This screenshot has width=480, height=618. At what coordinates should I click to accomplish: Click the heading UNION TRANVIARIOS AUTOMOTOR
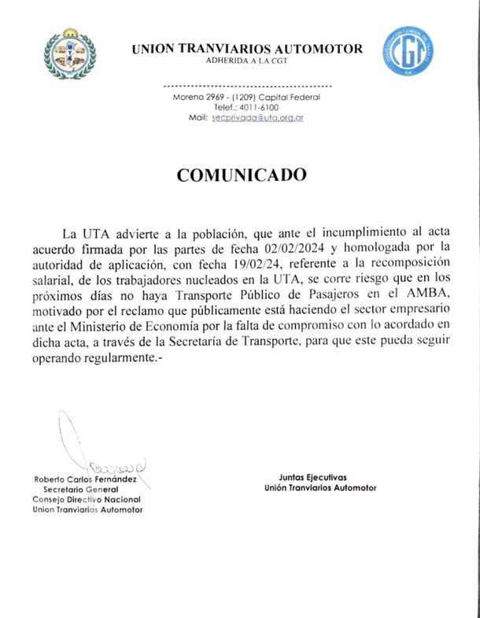point(247,49)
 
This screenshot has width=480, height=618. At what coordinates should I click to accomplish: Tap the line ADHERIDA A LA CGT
point(247,61)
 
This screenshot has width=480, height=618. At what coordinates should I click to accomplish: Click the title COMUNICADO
point(241,175)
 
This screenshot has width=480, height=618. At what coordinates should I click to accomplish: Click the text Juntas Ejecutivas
point(312,477)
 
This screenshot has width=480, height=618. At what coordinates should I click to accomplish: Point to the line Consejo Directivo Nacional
point(87,500)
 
